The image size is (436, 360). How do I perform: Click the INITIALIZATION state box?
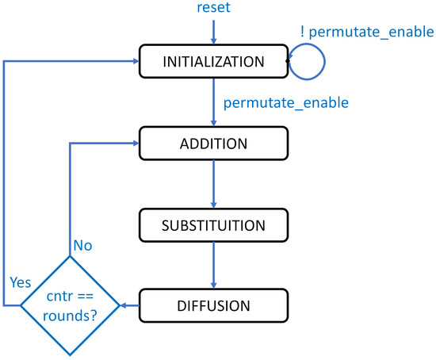212,61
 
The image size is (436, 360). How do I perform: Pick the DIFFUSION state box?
212,305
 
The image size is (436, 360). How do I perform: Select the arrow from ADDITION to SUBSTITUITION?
212,183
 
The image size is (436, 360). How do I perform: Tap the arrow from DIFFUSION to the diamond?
128,305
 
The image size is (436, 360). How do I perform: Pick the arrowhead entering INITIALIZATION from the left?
134,61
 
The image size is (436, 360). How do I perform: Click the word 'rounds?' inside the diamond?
69,315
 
